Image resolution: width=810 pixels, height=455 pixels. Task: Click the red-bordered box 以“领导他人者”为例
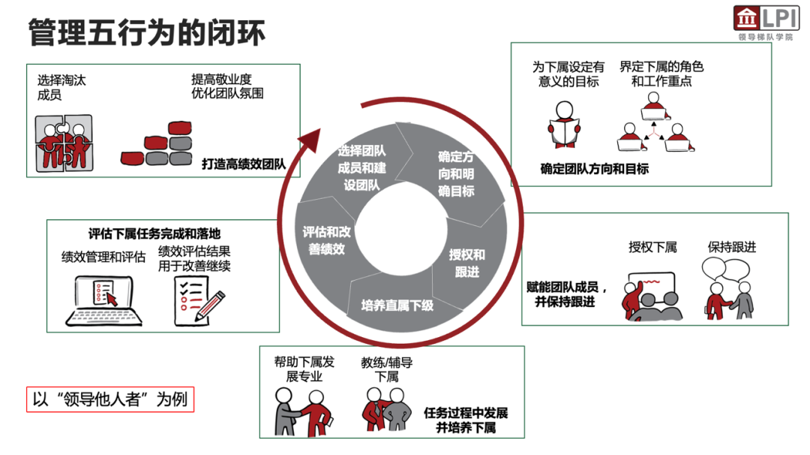[x=110, y=399]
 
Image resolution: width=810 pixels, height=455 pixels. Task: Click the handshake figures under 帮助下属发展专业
[x=303, y=409]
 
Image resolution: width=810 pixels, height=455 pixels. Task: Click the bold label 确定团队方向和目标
[x=594, y=169]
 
